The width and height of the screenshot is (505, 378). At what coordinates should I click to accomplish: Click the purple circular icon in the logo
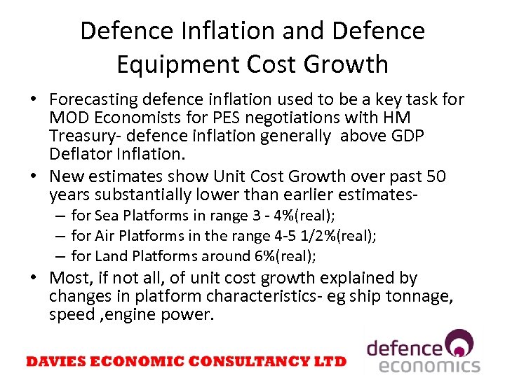click(x=461, y=344)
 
